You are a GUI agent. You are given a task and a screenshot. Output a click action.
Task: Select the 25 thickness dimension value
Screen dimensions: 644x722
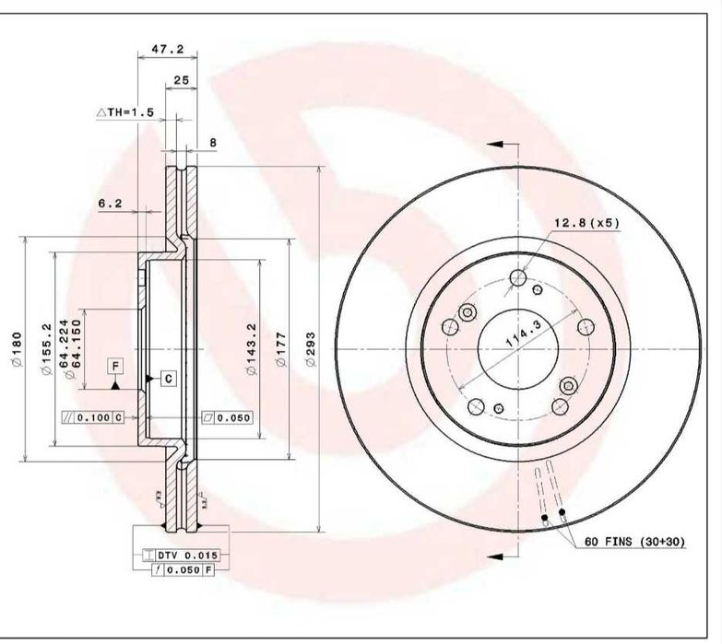pyautogui.click(x=181, y=80)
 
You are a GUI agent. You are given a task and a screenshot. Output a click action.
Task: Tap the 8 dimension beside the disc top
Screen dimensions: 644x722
pyautogui.click(x=212, y=142)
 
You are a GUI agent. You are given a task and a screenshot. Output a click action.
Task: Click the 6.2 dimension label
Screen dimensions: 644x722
pyautogui.click(x=111, y=203)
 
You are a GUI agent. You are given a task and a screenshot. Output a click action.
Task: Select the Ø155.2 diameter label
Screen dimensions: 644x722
pyautogui.click(x=44, y=350)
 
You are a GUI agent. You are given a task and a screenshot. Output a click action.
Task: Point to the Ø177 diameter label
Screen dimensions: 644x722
pyautogui.click(x=280, y=350)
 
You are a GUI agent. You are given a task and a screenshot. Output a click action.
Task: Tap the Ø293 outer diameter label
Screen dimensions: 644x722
pyautogui.click(x=311, y=350)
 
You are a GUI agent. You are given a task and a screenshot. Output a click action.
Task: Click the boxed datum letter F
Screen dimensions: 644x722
pyautogui.click(x=114, y=367)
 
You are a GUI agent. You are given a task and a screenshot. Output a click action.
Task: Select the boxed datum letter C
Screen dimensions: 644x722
pyautogui.click(x=170, y=378)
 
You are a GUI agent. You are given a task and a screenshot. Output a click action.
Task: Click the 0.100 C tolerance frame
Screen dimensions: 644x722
pyautogui.click(x=92, y=417)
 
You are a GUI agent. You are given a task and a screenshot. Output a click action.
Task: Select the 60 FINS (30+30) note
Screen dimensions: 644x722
pyautogui.click(x=633, y=543)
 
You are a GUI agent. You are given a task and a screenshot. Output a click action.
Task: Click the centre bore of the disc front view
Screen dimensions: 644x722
pyautogui.click(x=516, y=348)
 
